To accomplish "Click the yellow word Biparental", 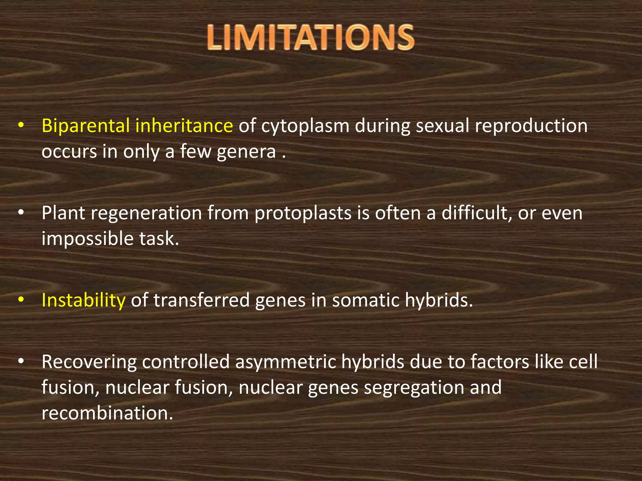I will (86, 126).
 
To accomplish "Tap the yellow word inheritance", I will (184, 126).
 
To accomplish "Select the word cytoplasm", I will (305, 127).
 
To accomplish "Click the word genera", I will (246, 152).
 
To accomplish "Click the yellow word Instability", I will (83, 301).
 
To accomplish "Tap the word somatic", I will (366, 301).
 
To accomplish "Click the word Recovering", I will (89, 363).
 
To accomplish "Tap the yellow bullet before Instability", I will (21, 300).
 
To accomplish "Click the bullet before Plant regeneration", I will (21, 213).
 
